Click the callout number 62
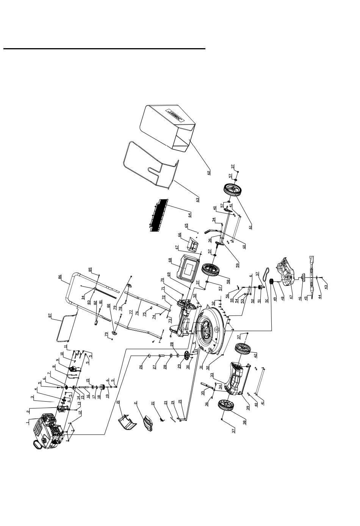click(x=209, y=172)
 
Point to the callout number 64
click(x=189, y=215)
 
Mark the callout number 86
click(x=59, y=277)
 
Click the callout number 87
click(x=50, y=316)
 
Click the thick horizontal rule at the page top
click(x=104, y=49)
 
